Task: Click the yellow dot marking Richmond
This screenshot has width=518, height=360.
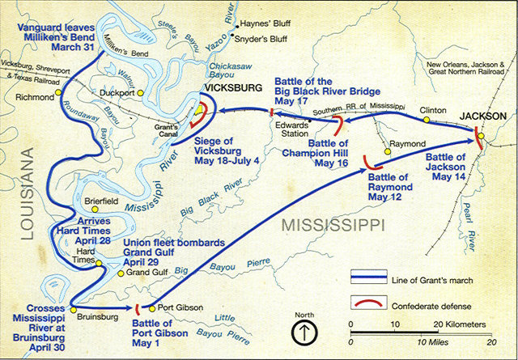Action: tap(60, 95)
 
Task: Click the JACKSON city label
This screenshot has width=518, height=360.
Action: tap(483, 116)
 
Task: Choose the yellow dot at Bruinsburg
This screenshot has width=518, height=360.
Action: tap(73, 308)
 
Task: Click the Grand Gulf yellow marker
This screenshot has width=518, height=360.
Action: tap(120, 273)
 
